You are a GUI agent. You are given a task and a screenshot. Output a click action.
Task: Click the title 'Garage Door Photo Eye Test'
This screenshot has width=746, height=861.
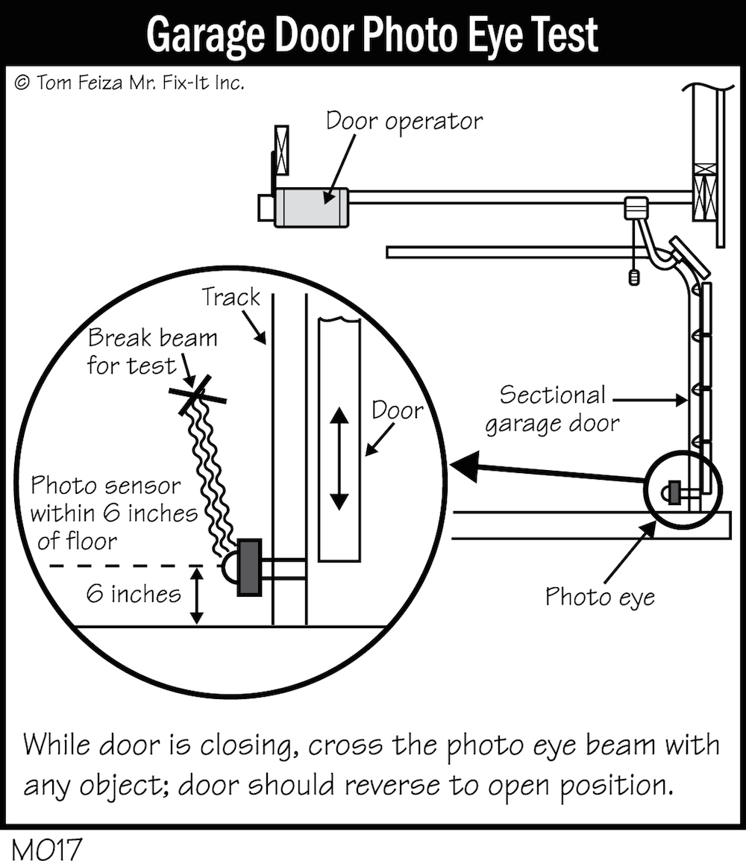point(372,34)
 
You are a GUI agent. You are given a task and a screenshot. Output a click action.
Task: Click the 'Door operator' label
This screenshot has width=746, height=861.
point(404,120)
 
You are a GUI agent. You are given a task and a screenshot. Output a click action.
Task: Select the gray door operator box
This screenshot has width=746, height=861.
point(312,207)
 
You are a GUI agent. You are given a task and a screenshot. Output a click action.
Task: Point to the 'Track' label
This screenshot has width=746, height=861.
point(231,298)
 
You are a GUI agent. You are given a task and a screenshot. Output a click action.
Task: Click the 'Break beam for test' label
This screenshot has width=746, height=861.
point(152,351)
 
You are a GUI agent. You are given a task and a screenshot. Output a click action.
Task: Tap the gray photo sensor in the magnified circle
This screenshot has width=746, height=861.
point(248,567)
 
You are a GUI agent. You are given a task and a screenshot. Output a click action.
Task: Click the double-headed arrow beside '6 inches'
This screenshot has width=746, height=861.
point(196,595)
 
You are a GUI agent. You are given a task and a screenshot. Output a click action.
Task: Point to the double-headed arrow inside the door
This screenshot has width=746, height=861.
point(339,458)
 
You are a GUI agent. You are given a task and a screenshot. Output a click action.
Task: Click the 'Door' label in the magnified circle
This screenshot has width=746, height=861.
point(397,410)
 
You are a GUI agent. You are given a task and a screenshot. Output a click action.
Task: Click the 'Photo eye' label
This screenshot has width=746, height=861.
point(600,597)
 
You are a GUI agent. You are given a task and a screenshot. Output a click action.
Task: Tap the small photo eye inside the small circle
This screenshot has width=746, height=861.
point(674,492)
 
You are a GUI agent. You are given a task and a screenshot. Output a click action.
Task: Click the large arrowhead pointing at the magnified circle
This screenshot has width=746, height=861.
point(467,467)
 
